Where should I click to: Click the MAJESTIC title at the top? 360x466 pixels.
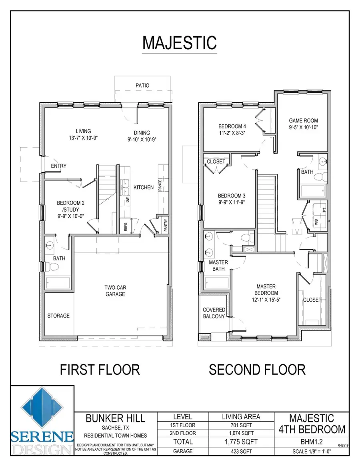[x=180, y=43]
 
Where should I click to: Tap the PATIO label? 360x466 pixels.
[x=142, y=86]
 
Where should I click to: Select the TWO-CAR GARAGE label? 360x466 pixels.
[x=115, y=291]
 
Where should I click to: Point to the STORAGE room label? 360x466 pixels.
[x=58, y=316]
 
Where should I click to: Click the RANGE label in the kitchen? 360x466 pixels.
[x=160, y=185]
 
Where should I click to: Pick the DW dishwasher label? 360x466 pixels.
[x=128, y=200]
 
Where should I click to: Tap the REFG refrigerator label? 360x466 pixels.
[x=126, y=227]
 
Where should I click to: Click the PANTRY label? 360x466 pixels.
[x=166, y=225]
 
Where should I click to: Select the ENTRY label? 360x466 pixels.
[x=58, y=166]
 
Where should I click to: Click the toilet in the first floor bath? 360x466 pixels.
[x=52, y=266]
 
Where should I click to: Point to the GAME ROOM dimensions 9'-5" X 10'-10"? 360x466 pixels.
[x=304, y=128]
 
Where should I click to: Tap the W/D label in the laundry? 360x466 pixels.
[x=316, y=222]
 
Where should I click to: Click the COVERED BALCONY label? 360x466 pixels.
[x=214, y=313]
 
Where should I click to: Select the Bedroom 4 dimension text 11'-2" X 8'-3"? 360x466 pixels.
[x=232, y=133]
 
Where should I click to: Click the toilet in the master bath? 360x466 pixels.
[x=247, y=238]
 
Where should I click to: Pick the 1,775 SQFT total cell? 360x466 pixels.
[x=241, y=442]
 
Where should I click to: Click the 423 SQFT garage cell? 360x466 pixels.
[x=241, y=452]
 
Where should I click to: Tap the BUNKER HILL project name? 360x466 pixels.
[x=115, y=418]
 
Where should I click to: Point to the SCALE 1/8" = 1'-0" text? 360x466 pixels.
[x=312, y=452]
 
